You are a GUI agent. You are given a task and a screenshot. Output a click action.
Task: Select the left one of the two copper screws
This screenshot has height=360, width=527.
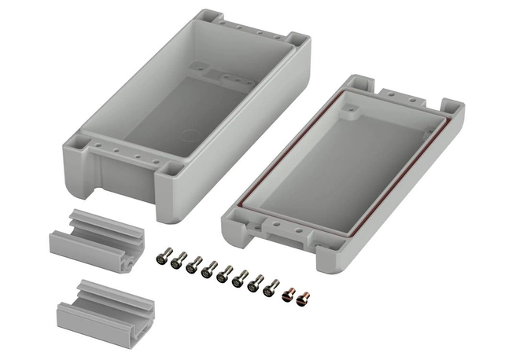click(287, 293)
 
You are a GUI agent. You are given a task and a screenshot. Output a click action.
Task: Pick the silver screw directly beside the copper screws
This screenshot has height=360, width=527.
click(271, 288)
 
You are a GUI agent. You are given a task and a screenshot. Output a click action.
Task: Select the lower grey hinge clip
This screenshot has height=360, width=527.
click(94, 302)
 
